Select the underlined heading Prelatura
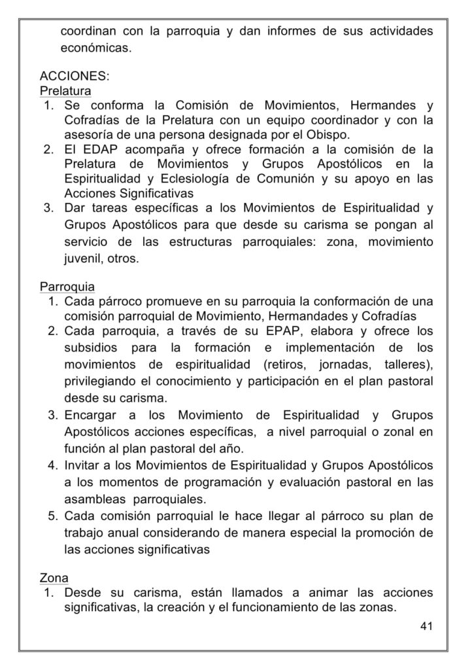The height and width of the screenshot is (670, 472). pyautogui.click(x=65, y=90)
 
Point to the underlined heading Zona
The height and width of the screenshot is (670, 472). pyautogui.click(x=54, y=578)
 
